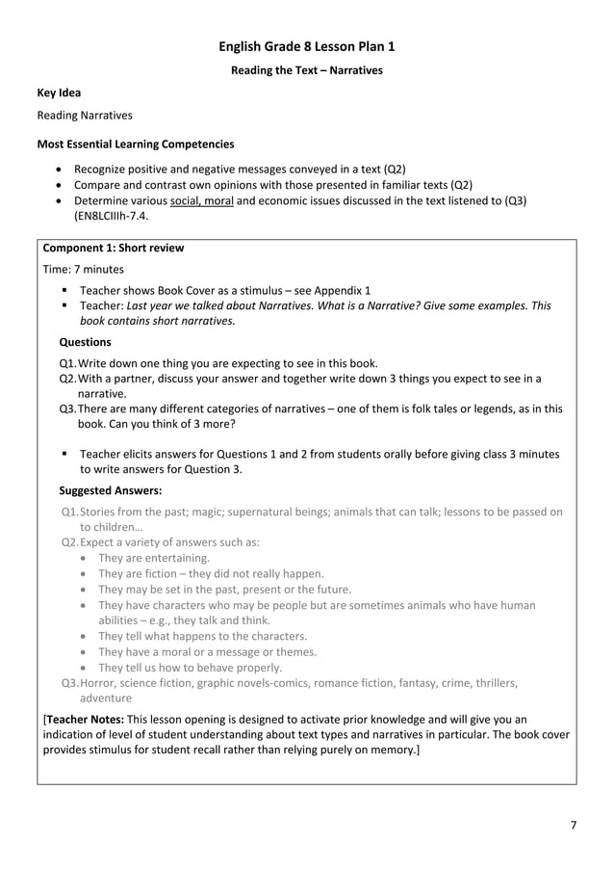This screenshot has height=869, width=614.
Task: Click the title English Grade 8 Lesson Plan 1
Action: point(306,46)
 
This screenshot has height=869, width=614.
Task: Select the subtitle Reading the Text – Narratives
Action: point(306,70)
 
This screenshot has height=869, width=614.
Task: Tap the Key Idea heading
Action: point(59,93)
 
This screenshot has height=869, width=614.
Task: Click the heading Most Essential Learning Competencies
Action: point(135,145)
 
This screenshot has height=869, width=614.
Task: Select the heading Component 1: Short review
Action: point(114,248)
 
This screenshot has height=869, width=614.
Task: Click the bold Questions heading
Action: point(85,341)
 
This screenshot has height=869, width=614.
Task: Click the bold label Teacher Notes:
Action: point(85,719)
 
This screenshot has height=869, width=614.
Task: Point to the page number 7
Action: point(574,825)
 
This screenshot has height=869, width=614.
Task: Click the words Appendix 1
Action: point(340,290)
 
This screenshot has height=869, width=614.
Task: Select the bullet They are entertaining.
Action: point(154,558)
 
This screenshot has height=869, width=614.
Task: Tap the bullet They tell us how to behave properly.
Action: point(190,668)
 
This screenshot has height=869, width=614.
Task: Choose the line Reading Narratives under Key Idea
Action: point(85,116)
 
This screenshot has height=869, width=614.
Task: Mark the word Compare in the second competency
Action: point(98,184)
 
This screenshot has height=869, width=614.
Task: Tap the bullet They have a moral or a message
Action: point(207,652)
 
